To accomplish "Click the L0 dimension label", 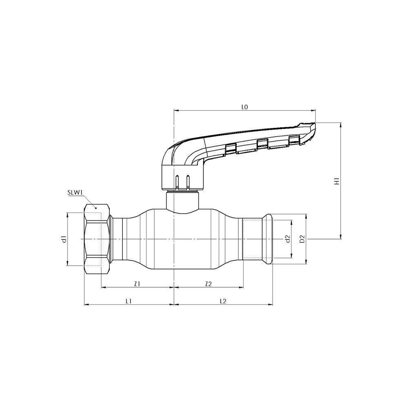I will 244,107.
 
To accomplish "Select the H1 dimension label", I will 337,181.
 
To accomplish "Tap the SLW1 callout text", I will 75,191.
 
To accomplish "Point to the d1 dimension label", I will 64,239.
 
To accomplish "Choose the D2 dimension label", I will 302,239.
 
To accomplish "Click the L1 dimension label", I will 129,301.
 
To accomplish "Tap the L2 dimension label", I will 223,301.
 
